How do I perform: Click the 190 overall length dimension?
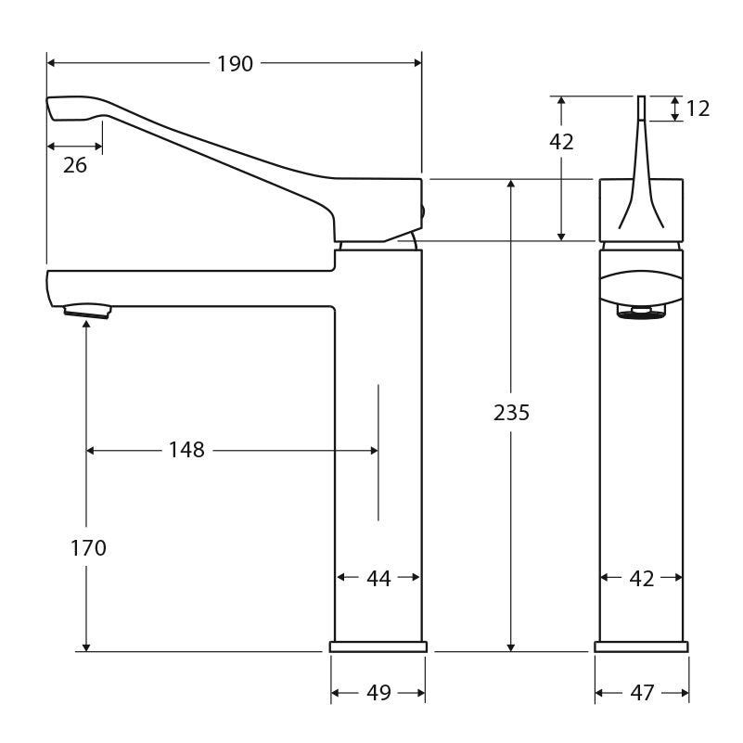click(x=235, y=64)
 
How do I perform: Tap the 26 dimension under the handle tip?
click(x=75, y=165)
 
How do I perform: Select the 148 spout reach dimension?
click(x=186, y=450)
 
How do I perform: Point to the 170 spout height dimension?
click(x=88, y=548)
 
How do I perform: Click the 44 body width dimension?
click(x=378, y=578)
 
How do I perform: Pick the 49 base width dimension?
click(x=378, y=692)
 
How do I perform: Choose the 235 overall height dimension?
click(x=511, y=413)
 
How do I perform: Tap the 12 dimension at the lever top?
click(x=698, y=109)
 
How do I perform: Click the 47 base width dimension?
click(x=642, y=692)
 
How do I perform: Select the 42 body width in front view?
click(x=642, y=578)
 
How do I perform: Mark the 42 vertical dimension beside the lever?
click(x=561, y=142)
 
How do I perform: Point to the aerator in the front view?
click(x=641, y=314)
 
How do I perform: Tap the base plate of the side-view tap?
click(x=378, y=647)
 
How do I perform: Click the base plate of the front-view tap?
click(x=641, y=647)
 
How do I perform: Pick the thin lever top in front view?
click(x=640, y=107)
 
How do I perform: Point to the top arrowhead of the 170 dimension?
click(x=86, y=325)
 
